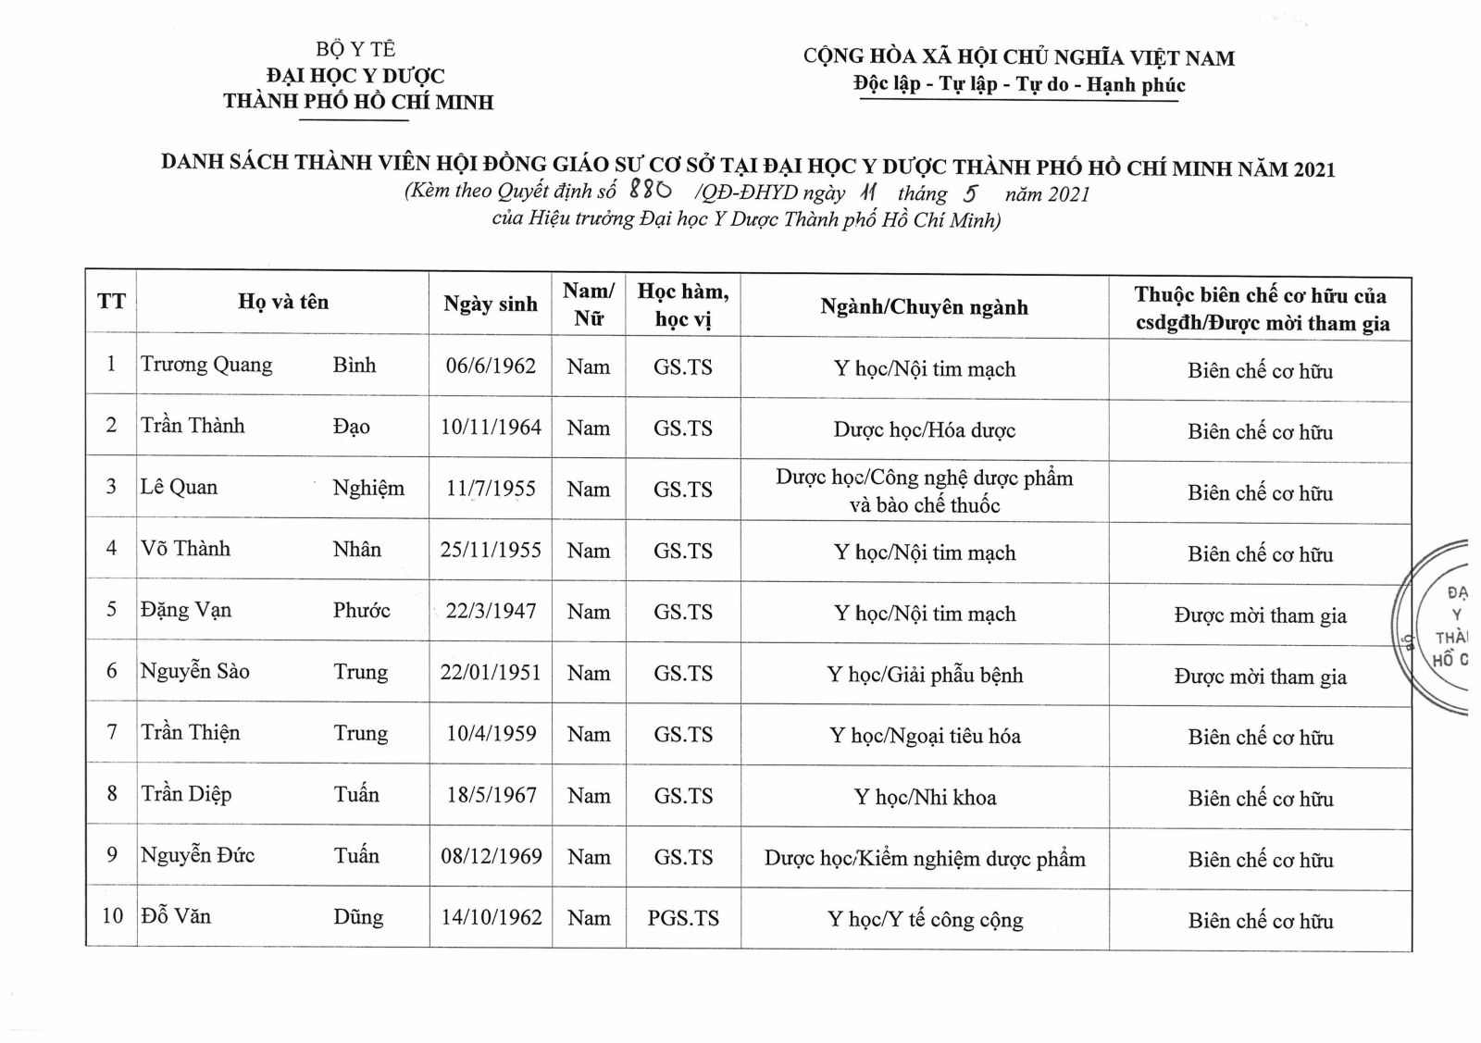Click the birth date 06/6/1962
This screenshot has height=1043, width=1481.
click(x=491, y=366)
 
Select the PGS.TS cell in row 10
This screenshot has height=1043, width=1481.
click(x=683, y=918)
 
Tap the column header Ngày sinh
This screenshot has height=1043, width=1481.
click(x=491, y=304)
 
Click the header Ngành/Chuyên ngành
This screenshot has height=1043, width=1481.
click(x=924, y=307)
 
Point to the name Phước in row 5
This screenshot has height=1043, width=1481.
click(x=361, y=611)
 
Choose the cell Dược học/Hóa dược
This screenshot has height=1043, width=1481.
click(x=924, y=429)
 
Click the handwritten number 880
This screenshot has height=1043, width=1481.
click(x=649, y=191)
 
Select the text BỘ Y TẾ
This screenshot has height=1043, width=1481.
click(x=355, y=49)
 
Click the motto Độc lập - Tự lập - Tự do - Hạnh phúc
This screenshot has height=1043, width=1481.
click(x=1019, y=85)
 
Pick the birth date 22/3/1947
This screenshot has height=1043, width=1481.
click(x=491, y=611)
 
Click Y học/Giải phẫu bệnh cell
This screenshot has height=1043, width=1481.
click(x=925, y=675)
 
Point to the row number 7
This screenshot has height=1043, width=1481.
click(x=111, y=732)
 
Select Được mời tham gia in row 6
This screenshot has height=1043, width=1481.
click(x=1260, y=677)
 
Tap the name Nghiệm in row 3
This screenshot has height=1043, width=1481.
click(x=368, y=488)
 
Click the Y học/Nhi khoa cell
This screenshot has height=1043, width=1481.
click(x=925, y=797)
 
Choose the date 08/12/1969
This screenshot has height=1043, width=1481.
click(x=491, y=856)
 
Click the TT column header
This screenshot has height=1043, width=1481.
click(x=111, y=302)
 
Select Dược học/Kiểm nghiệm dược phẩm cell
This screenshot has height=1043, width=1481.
click(x=925, y=859)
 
